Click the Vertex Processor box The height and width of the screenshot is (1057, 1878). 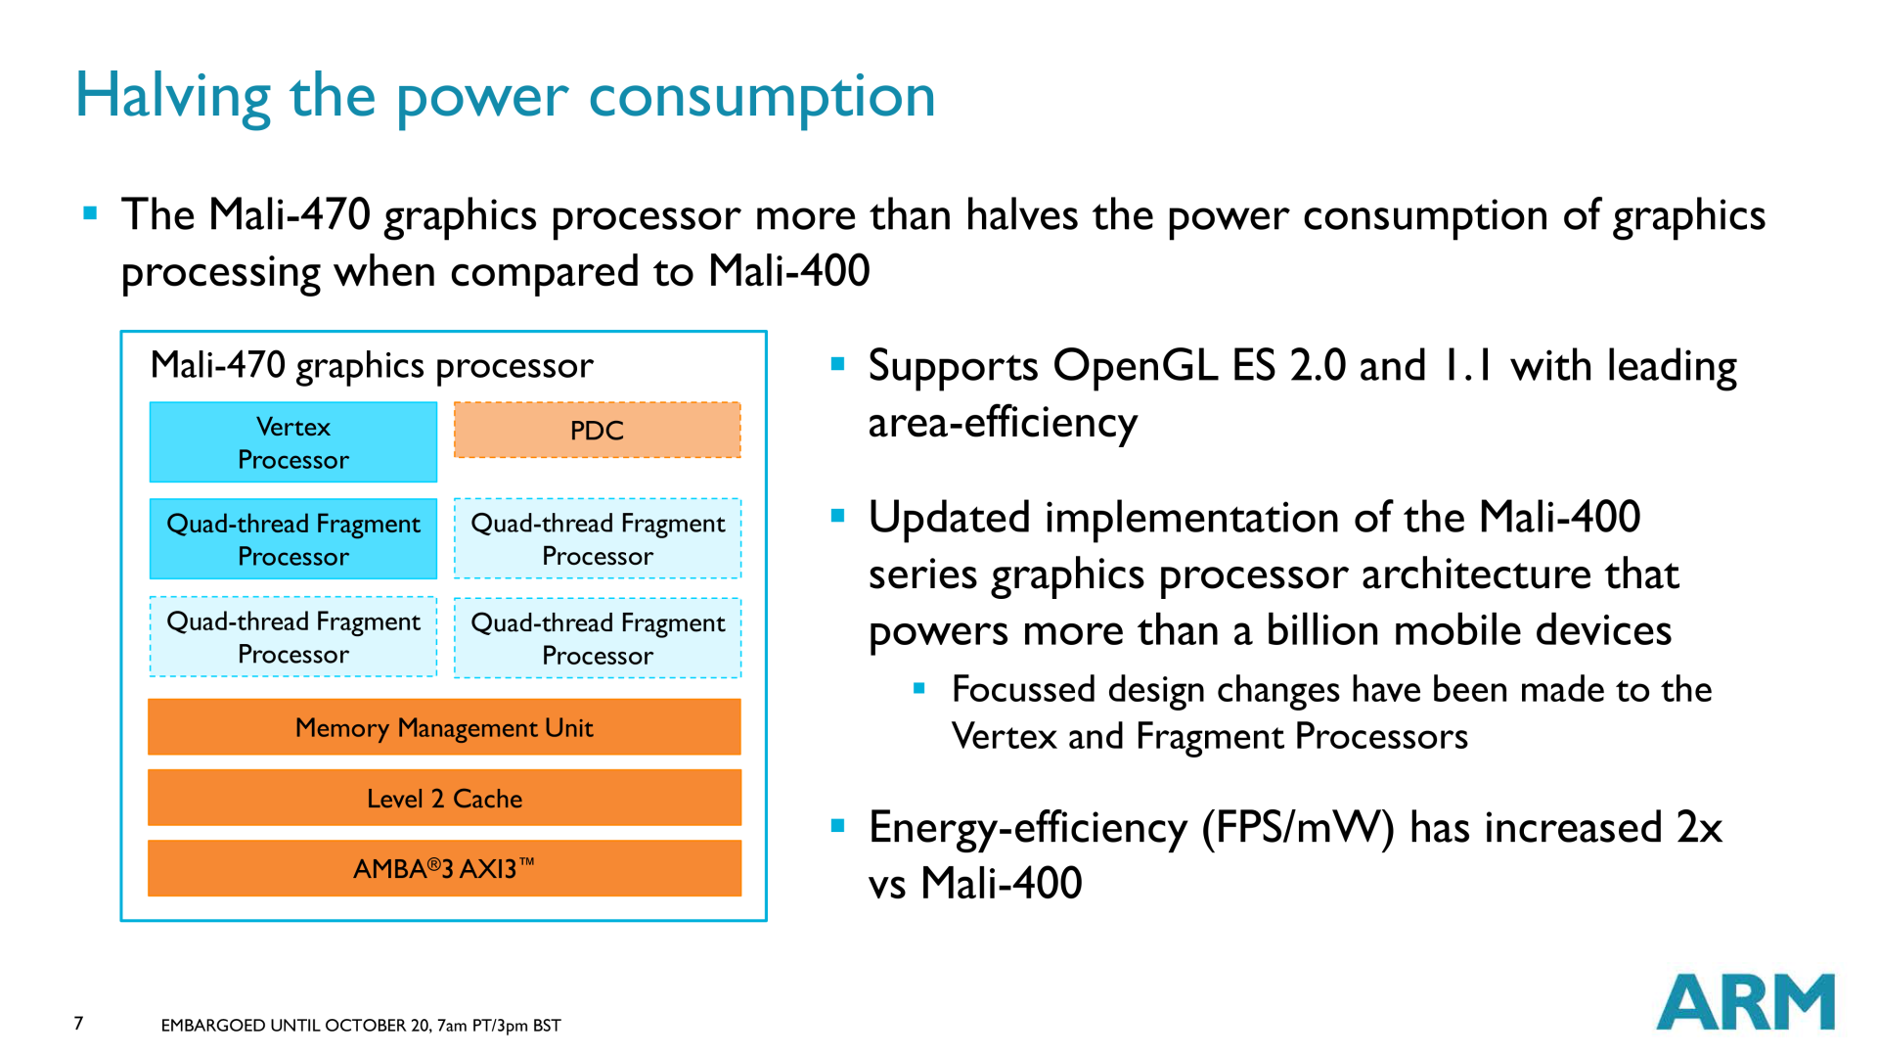293,441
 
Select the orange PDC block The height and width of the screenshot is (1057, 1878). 597,430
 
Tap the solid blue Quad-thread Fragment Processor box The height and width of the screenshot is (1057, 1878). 293,539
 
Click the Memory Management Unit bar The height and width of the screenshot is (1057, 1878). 444,727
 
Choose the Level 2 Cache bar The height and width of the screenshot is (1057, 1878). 444,798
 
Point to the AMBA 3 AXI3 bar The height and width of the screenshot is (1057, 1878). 444,868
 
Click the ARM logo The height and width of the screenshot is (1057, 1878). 1745,1001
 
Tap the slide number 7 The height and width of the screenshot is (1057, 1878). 78,1023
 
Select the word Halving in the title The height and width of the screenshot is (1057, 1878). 173,97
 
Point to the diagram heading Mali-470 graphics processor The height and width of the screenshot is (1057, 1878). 372,366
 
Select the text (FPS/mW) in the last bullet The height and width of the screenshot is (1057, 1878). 1298,828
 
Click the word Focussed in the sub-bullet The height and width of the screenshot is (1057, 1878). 1023,689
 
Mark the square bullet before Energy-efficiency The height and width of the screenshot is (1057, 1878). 837,825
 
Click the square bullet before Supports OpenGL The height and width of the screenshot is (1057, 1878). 837,364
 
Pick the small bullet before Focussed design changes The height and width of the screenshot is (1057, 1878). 918,688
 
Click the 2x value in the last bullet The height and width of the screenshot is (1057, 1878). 1699,828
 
